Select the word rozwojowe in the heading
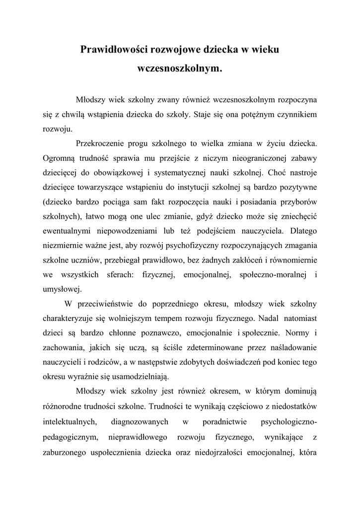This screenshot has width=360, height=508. tap(183, 50)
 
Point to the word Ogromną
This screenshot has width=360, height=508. tap(58, 158)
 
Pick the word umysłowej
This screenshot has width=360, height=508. tap(62, 289)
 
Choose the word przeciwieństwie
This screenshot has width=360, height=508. tap(111, 304)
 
